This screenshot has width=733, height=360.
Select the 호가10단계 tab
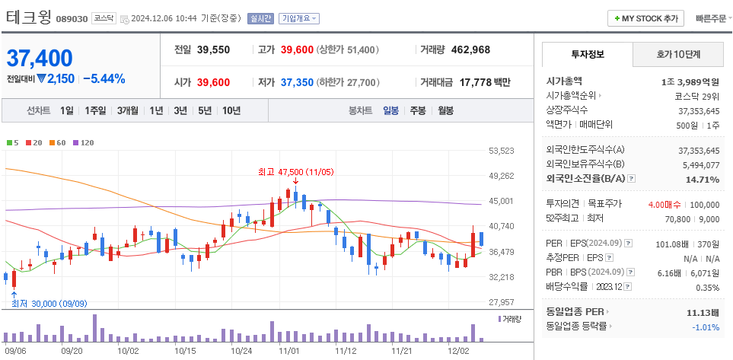tap(678, 54)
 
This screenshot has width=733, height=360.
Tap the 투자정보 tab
tap(587, 54)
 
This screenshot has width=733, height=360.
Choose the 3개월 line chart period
tap(127, 110)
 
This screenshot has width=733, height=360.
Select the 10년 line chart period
tap(231, 110)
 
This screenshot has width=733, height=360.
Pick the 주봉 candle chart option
tap(417, 110)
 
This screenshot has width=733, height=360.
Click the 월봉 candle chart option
tap(445, 110)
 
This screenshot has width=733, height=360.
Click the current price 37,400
tap(40, 58)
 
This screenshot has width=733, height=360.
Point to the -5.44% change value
tap(104, 78)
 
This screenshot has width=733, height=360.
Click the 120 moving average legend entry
tap(84, 142)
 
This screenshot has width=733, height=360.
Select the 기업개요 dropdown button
tap(299, 18)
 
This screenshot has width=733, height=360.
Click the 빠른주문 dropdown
tap(711, 18)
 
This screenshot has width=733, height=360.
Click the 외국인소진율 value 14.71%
tap(702, 179)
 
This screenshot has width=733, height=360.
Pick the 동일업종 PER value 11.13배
tap(698, 312)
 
